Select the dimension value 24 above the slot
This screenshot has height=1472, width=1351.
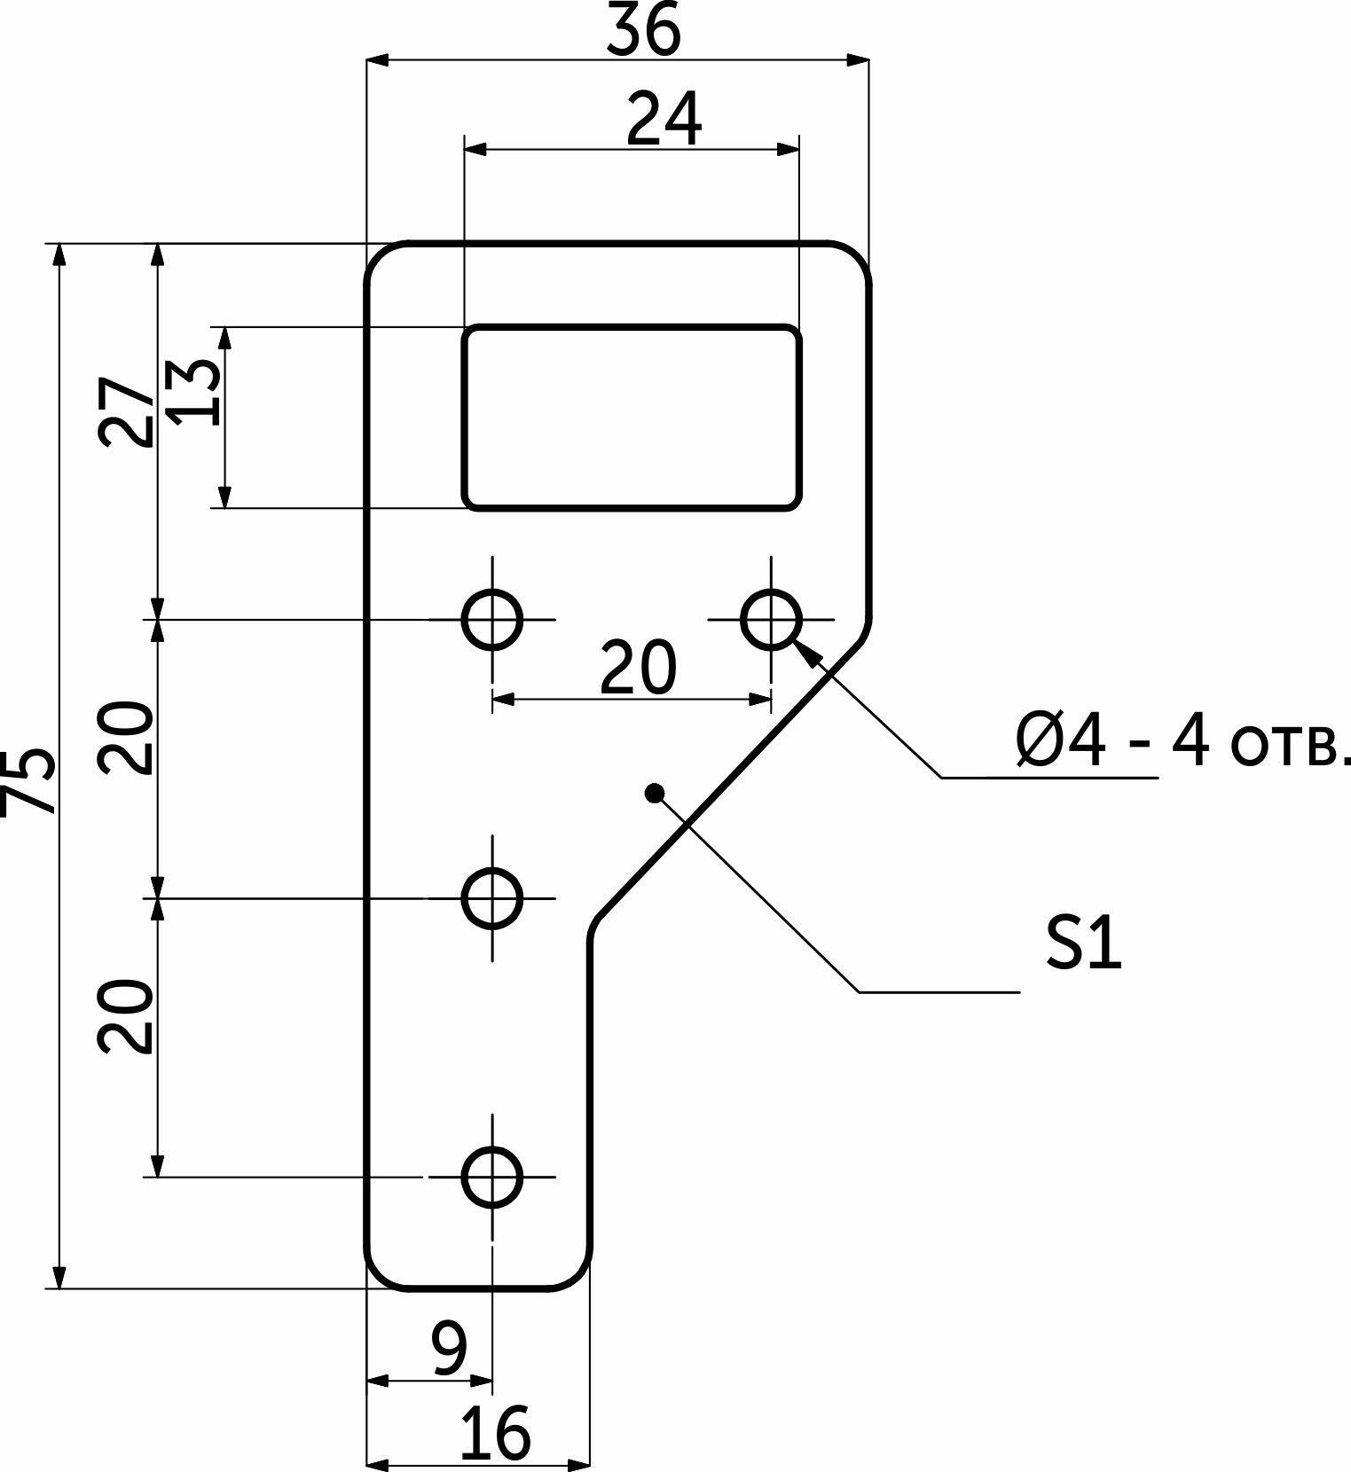click(664, 119)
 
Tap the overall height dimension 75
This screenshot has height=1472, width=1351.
click(28, 779)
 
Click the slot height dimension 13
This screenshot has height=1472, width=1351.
click(192, 392)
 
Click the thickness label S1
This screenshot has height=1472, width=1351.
click(1083, 943)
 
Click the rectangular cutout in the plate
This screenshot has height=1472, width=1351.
click(632, 417)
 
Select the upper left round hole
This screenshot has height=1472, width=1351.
click(492, 619)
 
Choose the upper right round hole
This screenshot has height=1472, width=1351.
click(772, 619)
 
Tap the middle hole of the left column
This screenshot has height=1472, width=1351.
click(492, 898)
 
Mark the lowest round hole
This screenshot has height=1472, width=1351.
click(492, 1177)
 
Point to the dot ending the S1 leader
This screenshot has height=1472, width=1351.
click(655, 792)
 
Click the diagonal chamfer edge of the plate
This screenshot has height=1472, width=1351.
click(727, 780)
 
